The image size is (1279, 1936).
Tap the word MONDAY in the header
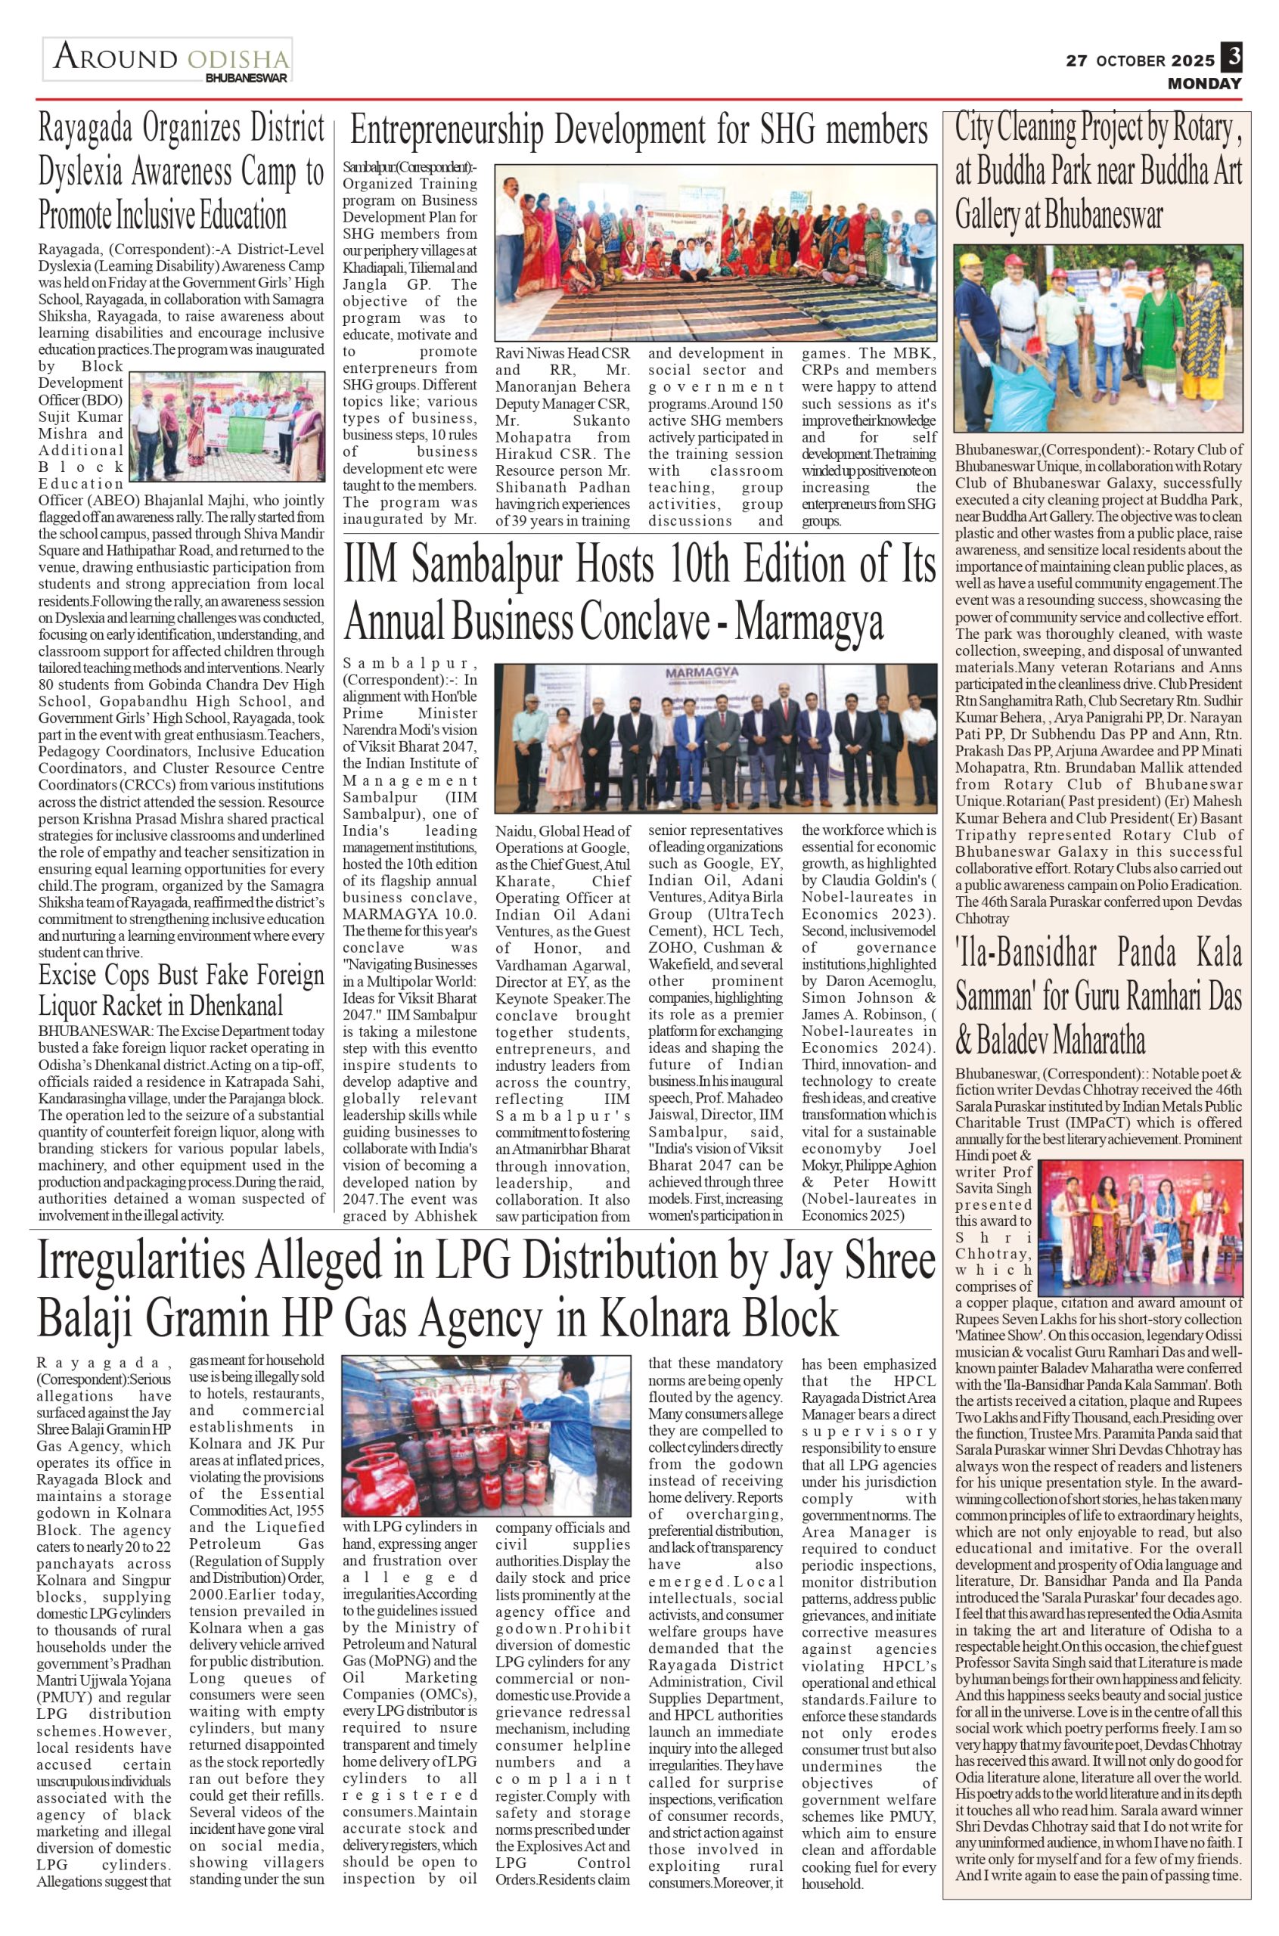1204,83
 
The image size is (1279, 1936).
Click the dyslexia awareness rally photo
226,426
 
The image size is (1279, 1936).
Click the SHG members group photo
716,253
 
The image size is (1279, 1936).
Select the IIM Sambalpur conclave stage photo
716,737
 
